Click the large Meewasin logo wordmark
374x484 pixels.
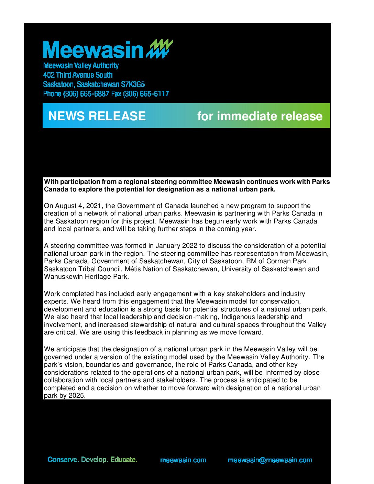[93, 50]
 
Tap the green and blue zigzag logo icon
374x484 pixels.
[159, 48]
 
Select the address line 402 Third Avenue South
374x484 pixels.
[78, 75]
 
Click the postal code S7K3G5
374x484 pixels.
[133, 84]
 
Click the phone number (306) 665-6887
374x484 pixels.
[86, 93]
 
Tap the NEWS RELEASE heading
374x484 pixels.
[97, 116]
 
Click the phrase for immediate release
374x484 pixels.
[260, 116]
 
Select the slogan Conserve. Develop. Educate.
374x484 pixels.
[92, 460]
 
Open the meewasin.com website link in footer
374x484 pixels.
[183, 460]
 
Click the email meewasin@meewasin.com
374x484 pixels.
[270, 460]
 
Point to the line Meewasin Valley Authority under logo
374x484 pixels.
[81, 66]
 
